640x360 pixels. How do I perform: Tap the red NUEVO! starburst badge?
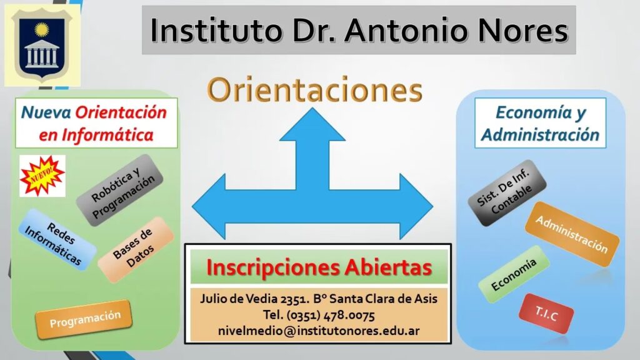(42, 176)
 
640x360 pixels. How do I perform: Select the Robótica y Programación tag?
(120, 190)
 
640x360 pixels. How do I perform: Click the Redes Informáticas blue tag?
(57, 240)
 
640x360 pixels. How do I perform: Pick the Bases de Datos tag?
(136, 250)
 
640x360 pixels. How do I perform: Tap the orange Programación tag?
(84, 319)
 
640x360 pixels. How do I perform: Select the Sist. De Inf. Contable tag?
(507, 193)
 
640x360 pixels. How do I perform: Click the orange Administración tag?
(572, 234)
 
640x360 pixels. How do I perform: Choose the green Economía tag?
(514, 275)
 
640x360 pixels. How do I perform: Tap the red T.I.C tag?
(546, 314)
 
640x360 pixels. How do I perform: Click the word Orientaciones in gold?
(314, 90)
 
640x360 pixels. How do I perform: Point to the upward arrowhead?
(312, 124)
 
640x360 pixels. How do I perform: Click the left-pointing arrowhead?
(209, 206)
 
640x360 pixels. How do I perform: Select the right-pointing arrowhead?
(416, 206)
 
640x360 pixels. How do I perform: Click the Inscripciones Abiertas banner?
(319, 267)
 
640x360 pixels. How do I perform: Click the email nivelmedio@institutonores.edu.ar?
(319, 331)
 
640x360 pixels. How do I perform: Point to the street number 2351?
(295, 299)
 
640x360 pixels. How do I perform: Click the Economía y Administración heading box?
(541, 123)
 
